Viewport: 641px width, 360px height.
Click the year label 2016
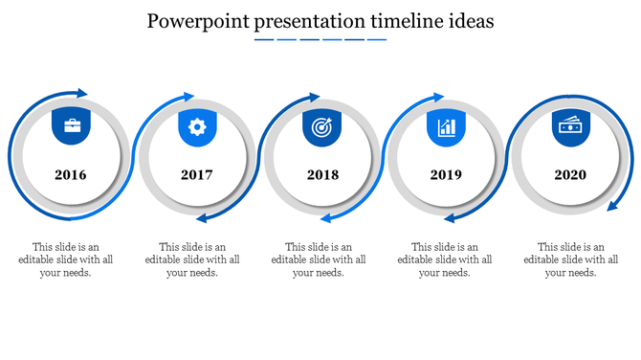(x=71, y=175)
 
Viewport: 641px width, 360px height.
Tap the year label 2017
(x=196, y=175)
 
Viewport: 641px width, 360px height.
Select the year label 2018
(x=322, y=175)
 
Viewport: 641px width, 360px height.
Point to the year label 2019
(x=446, y=175)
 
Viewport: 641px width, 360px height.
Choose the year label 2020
(x=570, y=175)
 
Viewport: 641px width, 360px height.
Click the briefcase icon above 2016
(x=72, y=125)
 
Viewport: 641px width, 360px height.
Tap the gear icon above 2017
(x=197, y=125)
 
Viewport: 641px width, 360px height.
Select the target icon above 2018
(x=321, y=126)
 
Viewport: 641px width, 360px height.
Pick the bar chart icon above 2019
(x=446, y=126)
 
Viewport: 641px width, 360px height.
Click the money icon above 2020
(x=571, y=125)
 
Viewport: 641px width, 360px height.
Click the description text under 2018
(x=319, y=259)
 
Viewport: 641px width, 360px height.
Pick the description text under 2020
(x=571, y=259)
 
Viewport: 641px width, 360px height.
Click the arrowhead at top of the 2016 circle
(x=82, y=93)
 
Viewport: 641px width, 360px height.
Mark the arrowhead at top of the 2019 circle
(x=438, y=97)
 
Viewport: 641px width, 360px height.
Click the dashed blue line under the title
(x=320, y=40)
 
